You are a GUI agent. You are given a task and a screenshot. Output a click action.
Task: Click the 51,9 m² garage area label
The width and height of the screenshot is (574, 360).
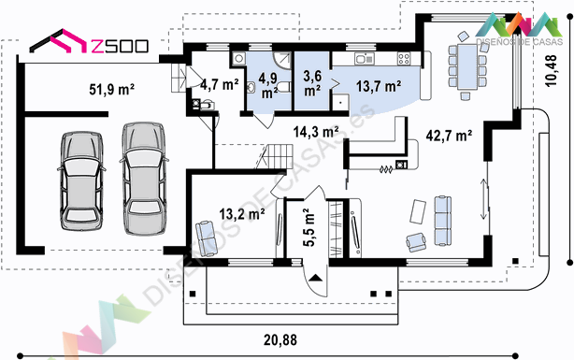(112, 90)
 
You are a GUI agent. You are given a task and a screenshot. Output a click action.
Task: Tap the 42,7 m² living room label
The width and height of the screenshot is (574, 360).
(449, 136)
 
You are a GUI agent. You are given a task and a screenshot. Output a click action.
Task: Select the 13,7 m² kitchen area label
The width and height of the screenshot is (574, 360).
(379, 86)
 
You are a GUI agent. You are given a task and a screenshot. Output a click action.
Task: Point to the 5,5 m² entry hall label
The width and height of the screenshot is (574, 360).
(309, 227)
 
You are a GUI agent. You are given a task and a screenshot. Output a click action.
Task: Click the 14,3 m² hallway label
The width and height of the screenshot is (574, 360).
(316, 131)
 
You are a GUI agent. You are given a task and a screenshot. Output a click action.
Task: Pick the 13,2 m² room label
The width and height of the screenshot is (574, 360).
(242, 214)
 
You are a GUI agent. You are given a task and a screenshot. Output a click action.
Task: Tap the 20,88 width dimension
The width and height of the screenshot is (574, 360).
(280, 339)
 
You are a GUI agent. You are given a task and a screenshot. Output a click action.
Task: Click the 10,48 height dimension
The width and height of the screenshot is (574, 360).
(551, 71)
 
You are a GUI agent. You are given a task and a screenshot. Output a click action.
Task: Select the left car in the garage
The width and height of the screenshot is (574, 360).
(81, 181)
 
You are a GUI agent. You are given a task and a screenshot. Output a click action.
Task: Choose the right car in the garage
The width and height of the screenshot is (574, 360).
(144, 179)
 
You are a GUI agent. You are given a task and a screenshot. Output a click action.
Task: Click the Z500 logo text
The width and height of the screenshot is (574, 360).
(120, 46)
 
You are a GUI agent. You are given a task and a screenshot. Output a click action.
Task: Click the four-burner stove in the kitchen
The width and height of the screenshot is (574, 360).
(404, 59)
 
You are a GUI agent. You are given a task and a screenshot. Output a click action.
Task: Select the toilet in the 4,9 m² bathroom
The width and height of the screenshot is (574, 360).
(283, 87)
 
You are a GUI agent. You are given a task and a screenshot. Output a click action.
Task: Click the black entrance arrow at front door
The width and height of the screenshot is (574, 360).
(316, 278)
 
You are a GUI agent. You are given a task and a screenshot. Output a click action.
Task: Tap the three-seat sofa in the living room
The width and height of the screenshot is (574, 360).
(442, 221)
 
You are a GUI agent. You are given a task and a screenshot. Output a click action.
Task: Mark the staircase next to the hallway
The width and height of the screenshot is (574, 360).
(279, 156)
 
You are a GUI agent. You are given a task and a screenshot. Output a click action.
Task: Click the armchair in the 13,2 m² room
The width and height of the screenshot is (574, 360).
(207, 238)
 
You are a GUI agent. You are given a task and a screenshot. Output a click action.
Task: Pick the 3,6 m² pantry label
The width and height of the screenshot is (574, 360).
(312, 83)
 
